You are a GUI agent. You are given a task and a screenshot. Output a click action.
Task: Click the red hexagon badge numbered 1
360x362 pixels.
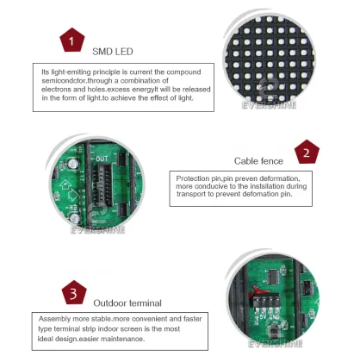point(71,40)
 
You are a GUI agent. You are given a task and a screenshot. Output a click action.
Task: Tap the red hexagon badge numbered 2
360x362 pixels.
point(306,153)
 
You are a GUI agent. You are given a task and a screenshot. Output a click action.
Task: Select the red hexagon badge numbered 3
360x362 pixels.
point(73,294)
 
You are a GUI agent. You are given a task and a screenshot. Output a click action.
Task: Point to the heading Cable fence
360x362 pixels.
point(259,160)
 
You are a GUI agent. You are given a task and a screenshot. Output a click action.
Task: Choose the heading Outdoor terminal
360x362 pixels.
point(127,303)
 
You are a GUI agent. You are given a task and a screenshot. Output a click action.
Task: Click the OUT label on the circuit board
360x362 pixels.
point(101,159)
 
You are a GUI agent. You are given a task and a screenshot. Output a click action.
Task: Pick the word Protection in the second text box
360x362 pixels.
point(193,177)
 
